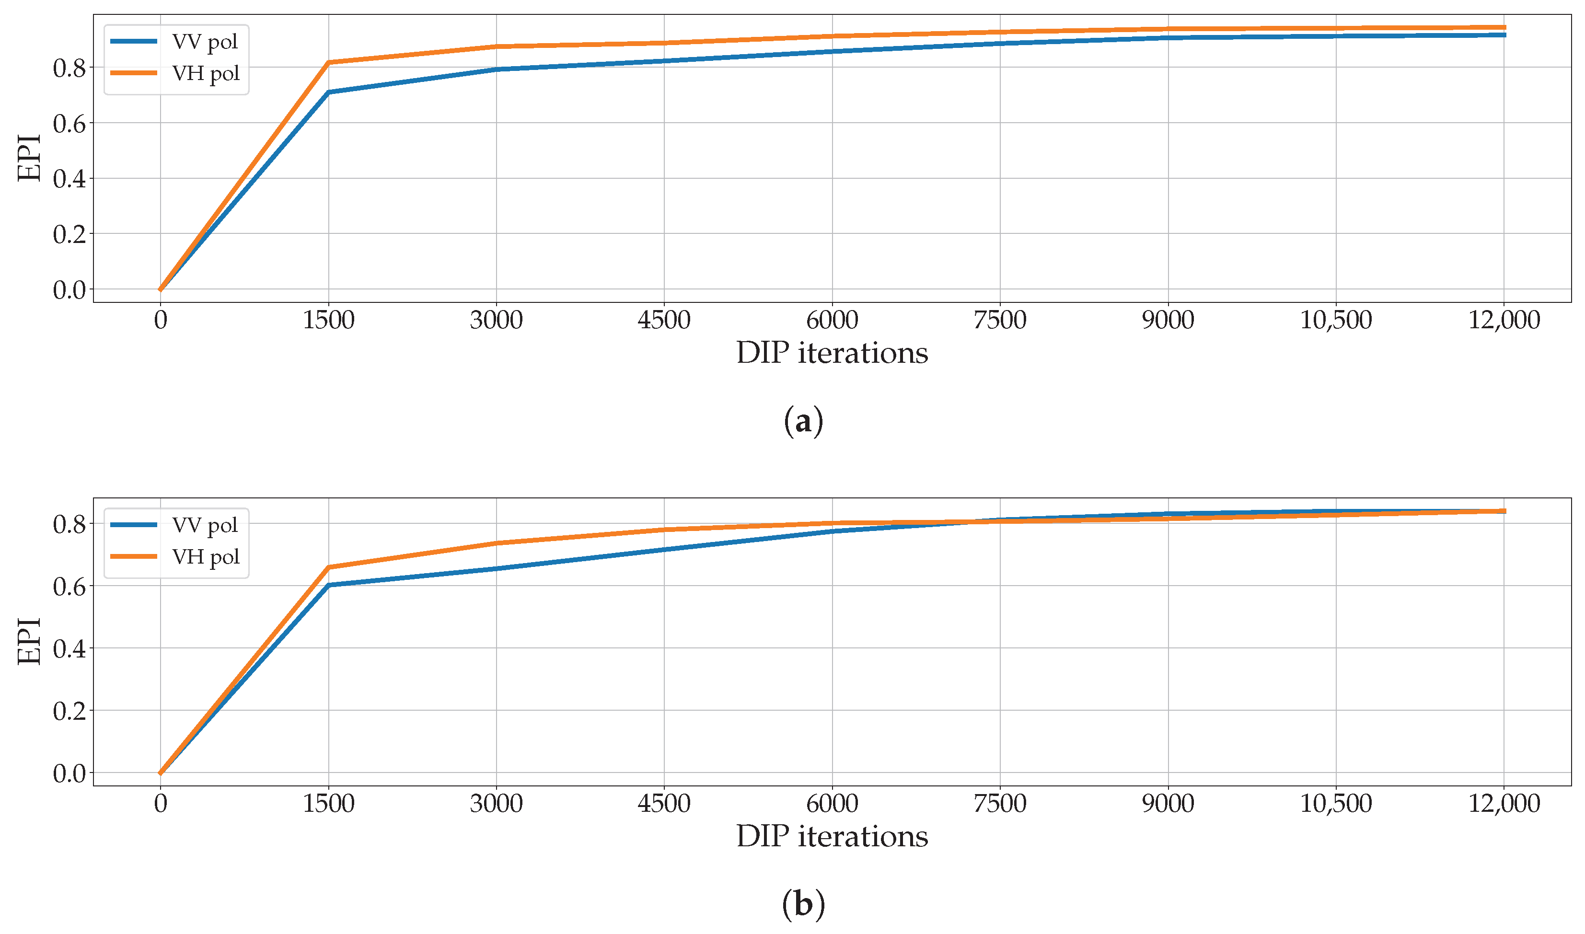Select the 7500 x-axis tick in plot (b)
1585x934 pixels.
click(x=1000, y=804)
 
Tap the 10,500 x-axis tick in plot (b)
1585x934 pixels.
click(x=1336, y=804)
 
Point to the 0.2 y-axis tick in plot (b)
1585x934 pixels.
click(x=69, y=711)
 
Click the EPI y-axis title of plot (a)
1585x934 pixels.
click(x=29, y=158)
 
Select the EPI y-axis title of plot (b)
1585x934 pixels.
click(x=29, y=641)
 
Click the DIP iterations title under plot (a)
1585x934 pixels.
click(x=832, y=353)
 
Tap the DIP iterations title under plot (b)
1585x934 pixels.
click(x=832, y=836)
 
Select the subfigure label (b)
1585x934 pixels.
click(x=803, y=904)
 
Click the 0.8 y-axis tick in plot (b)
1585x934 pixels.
click(x=69, y=524)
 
